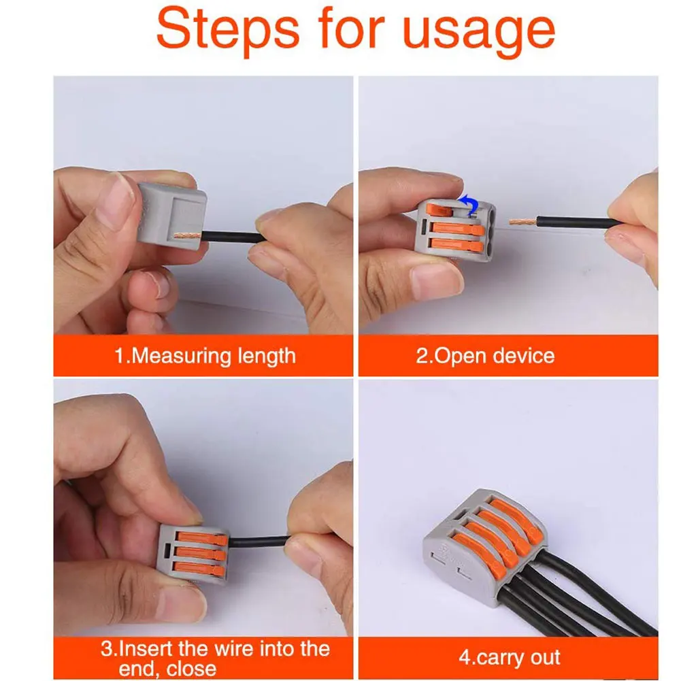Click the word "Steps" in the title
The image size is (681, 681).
(x=228, y=29)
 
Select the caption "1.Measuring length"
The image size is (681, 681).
(x=205, y=356)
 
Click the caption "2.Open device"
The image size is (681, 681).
(x=485, y=356)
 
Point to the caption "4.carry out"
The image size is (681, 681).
(x=510, y=657)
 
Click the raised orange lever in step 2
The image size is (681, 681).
(x=439, y=210)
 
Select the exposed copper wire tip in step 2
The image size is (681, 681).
(x=523, y=222)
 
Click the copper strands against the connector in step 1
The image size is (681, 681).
(x=187, y=236)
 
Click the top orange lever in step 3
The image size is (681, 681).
(x=202, y=538)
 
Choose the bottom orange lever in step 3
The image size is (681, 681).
(x=199, y=569)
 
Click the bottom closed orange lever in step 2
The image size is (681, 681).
(x=457, y=246)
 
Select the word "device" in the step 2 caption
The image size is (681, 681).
(x=524, y=355)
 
